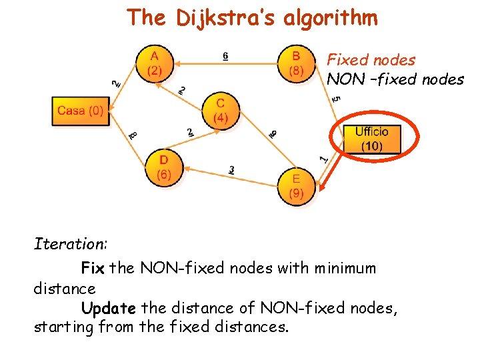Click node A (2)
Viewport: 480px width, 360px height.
154,64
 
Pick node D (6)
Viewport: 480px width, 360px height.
163,167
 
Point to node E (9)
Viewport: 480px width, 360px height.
296,186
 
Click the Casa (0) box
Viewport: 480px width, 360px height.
80,111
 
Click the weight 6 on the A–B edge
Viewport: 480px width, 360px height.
225,56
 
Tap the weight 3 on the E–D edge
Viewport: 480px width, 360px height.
231,170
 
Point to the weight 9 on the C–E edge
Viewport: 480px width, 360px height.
273,134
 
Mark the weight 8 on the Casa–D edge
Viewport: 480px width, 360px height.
133,135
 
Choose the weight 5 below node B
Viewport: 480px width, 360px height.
337,99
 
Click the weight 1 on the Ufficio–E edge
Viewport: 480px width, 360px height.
323,159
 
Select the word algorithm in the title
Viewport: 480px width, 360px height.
331,18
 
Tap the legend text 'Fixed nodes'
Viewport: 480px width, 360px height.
371,60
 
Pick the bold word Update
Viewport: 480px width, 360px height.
109,309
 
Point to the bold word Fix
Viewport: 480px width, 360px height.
92,269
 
